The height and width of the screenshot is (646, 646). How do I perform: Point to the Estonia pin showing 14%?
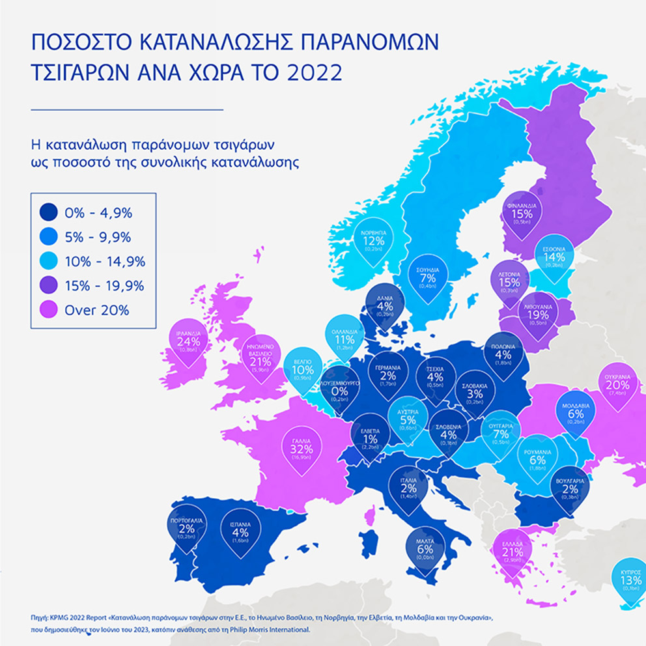click(554, 257)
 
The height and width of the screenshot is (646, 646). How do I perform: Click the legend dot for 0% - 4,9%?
click(48, 212)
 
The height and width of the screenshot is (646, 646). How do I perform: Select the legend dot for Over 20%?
click(48, 310)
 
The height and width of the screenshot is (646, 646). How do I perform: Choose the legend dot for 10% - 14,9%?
click(48, 261)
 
